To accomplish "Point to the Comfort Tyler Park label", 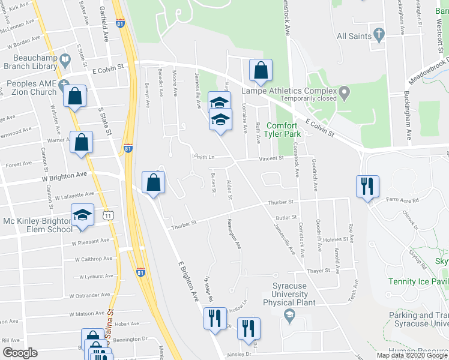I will [282, 130].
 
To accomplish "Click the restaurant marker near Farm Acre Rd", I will [366, 187].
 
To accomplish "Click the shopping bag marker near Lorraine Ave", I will [261, 71].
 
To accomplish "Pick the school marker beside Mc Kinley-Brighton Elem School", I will [82, 216].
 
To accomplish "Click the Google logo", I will [20, 353].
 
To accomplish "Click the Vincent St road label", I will [271, 158].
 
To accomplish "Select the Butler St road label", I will [286, 217].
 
